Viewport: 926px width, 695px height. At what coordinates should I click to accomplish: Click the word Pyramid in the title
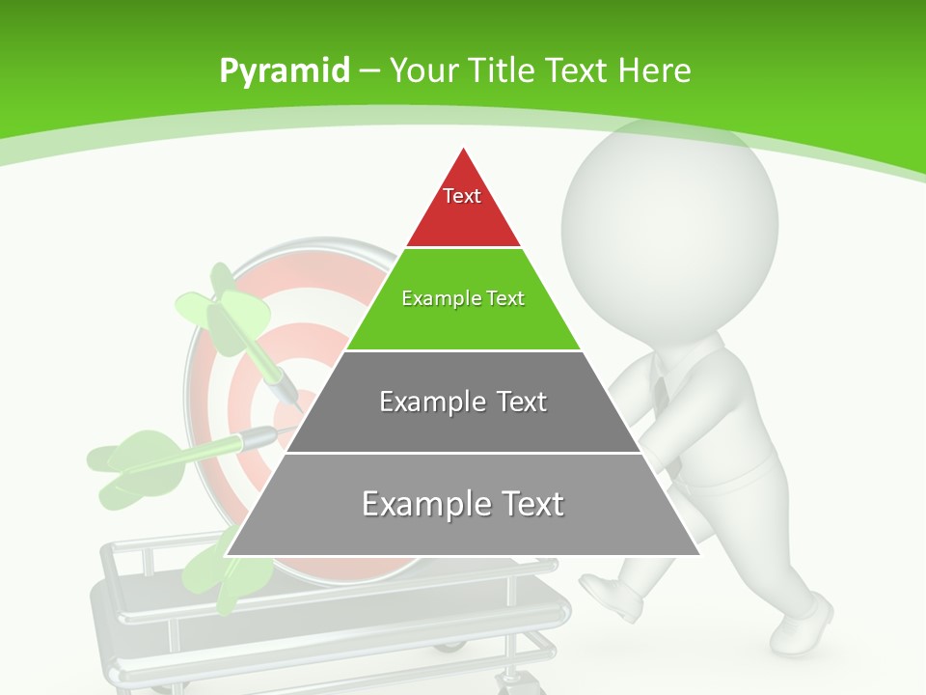[x=284, y=70]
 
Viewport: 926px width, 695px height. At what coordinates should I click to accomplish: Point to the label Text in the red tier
[x=462, y=196]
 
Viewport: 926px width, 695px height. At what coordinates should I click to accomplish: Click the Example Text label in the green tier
[x=463, y=298]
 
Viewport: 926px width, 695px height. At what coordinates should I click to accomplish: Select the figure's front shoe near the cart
[x=613, y=595]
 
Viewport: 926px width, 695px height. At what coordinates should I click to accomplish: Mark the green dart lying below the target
[x=217, y=570]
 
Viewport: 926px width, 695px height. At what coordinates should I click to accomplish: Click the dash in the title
[x=370, y=70]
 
